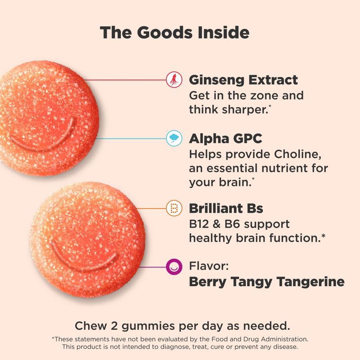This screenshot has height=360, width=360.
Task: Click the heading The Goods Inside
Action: tap(175, 32)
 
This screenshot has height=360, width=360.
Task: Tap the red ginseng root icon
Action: tap(172, 80)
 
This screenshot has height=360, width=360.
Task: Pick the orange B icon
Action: tap(174, 208)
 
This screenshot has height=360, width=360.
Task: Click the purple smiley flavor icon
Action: tap(174, 267)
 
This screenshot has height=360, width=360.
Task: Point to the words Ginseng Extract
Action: tap(243, 81)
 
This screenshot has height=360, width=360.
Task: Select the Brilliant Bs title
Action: tap(226, 209)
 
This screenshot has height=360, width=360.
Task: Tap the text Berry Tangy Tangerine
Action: tap(266, 282)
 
